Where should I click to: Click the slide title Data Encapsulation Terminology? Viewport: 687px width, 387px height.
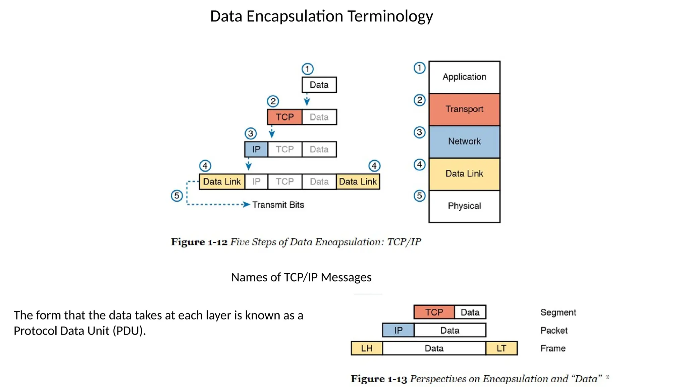click(x=321, y=16)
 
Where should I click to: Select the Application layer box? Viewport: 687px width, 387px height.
click(x=464, y=77)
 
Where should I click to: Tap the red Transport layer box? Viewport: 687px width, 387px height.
click(x=464, y=109)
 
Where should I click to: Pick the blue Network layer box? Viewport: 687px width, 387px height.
click(x=464, y=141)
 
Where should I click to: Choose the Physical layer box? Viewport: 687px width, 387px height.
click(x=464, y=206)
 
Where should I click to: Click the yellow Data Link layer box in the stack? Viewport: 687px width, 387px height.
click(x=464, y=174)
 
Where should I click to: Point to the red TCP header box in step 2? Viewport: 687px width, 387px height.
click(x=284, y=117)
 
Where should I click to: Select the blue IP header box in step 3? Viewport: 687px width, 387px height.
click(x=256, y=149)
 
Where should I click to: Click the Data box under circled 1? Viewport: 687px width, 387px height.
click(x=319, y=85)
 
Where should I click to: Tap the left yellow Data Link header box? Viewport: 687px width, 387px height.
click(x=222, y=182)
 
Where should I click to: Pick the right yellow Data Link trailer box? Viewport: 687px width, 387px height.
click(x=358, y=182)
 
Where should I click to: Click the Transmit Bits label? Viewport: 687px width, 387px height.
click(x=278, y=205)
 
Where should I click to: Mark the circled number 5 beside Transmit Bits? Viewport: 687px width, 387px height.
click(x=177, y=196)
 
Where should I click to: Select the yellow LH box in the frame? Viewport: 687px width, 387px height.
click(x=367, y=348)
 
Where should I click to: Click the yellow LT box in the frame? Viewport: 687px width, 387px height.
click(x=501, y=348)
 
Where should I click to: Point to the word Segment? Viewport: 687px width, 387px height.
click(x=558, y=312)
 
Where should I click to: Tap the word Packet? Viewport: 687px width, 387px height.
click(x=554, y=331)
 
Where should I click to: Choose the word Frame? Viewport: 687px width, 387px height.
click(x=553, y=348)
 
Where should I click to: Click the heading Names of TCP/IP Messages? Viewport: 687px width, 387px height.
click(x=301, y=277)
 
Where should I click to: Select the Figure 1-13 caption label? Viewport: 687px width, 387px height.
click(x=379, y=379)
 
